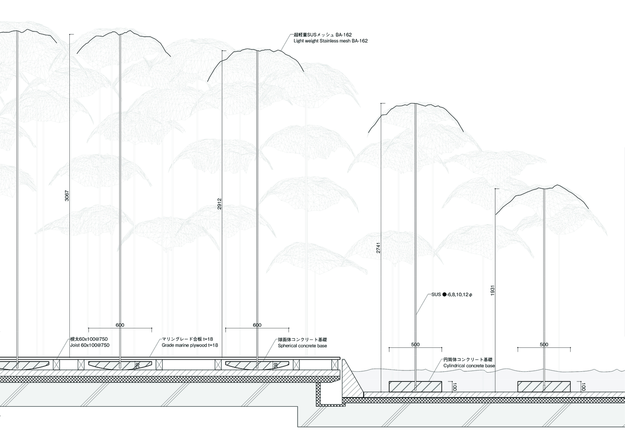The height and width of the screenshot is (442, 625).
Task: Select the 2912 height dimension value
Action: [x=220, y=203]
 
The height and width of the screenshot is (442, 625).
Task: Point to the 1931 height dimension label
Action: [x=492, y=290]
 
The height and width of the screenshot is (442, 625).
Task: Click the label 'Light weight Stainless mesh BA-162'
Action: [x=330, y=41]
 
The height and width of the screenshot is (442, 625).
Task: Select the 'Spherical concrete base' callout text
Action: [x=302, y=346]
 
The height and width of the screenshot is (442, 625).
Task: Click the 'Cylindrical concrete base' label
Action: [x=469, y=366]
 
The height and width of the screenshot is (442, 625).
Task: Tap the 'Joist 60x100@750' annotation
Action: [x=90, y=345]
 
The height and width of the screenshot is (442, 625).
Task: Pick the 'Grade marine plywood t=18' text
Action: [x=190, y=345]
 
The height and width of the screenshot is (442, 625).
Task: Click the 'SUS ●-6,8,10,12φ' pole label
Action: [x=451, y=294]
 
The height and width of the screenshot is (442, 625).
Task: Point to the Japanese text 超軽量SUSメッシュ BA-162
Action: [x=322, y=34]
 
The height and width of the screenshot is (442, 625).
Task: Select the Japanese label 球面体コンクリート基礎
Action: [x=302, y=339]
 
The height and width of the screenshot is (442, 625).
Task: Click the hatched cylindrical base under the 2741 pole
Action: [x=415, y=386]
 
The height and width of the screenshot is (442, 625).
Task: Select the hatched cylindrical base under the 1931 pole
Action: [x=544, y=386]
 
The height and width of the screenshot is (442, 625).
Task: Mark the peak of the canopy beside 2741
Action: [x=415, y=104]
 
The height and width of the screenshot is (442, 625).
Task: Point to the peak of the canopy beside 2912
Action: [x=258, y=50]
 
